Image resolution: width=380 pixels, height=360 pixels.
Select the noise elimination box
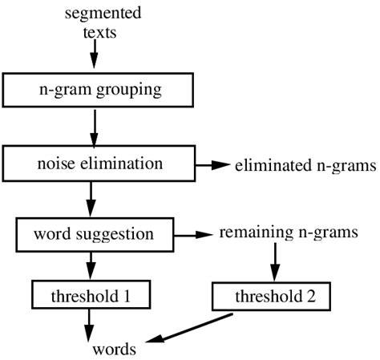click(x=94, y=164)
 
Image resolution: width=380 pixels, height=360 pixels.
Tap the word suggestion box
click(x=95, y=235)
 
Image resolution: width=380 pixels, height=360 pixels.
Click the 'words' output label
click(x=113, y=349)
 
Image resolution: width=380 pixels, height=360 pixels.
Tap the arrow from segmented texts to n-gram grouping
click(x=94, y=55)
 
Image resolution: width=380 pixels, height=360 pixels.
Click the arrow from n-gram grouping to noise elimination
click(x=94, y=127)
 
